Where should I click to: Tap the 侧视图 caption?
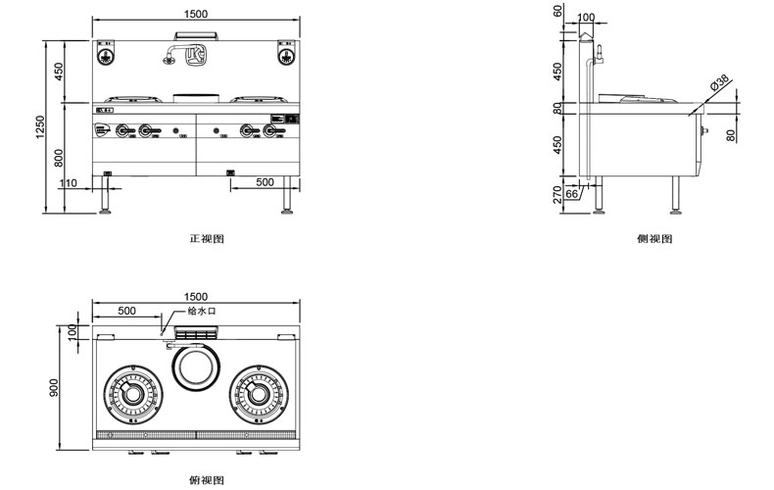pyautogui.click(x=653, y=238)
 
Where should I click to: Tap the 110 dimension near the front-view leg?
pyautogui.click(x=69, y=183)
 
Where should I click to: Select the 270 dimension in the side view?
pyautogui.click(x=559, y=193)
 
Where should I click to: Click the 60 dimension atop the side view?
pyautogui.click(x=557, y=12)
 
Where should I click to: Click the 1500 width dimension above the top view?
pyautogui.click(x=195, y=297)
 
